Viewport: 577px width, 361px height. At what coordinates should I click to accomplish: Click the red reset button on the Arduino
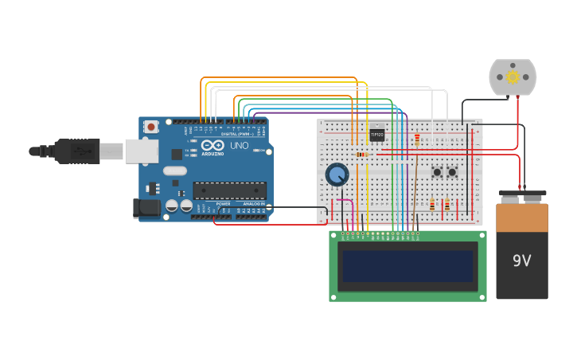click(x=150, y=127)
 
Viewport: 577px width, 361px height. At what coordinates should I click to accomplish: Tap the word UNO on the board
click(x=239, y=147)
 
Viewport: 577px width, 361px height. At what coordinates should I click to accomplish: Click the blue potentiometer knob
click(x=337, y=175)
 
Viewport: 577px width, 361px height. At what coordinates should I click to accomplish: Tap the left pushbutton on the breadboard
click(x=437, y=171)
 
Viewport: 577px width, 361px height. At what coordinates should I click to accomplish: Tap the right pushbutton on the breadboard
click(x=452, y=171)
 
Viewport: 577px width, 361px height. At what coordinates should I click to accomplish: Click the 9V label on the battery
click(x=522, y=261)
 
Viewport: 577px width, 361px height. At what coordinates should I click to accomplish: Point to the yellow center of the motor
click(x=513, y=77)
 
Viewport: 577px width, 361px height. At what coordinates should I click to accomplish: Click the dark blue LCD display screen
click(x=407, y=265)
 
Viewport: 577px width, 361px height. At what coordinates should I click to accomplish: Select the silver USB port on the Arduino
click(x=142, y=151)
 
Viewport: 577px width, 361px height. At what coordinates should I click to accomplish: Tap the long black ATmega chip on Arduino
click(x=229, y=190)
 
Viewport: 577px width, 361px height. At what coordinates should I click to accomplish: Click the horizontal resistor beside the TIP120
click(x=362, y=154)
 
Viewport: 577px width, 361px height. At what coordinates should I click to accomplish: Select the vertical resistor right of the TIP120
click(x=416, y=140)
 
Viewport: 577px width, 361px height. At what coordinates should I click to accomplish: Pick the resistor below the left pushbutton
click(x=432, y=205)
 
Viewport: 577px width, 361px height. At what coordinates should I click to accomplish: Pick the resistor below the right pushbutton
click(x=446, y=205)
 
